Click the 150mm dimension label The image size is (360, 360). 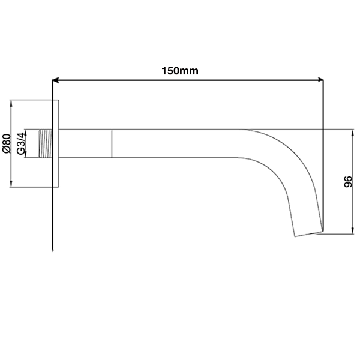(180, 71)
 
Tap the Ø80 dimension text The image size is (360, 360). (7, 143)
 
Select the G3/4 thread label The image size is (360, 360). (20, 143)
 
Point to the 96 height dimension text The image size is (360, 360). (348, 182)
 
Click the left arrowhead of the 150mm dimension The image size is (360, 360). (56, 80)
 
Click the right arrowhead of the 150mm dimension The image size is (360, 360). (320, 80)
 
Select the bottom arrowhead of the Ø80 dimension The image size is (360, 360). (11, 184)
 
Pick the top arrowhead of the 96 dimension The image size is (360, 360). (353, 133)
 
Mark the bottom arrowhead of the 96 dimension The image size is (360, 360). (353, 230)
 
